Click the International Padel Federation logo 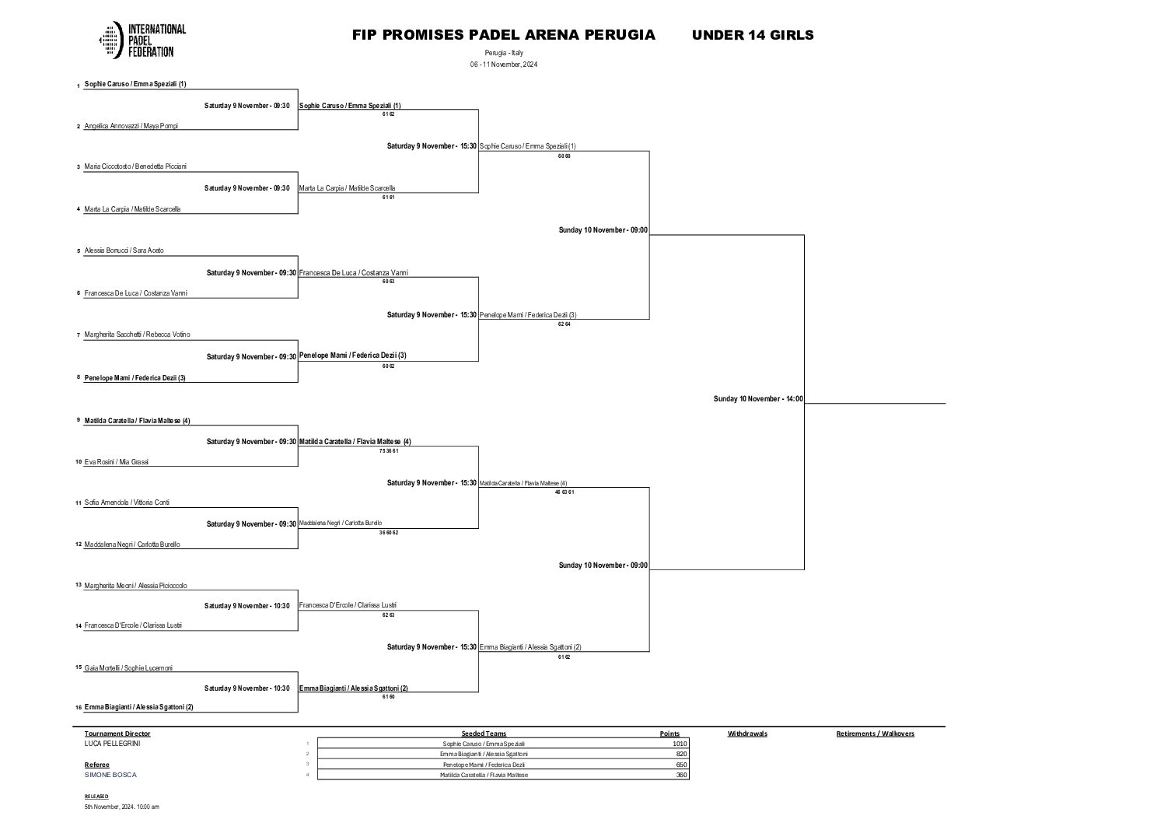coord(142,40)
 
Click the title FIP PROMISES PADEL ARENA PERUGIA coord(503,35)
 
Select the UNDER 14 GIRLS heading coord(752,35)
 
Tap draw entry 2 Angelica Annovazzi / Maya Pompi coord(131,126)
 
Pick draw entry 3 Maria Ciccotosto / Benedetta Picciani coord(135,166)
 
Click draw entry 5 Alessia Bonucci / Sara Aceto coord(124,251)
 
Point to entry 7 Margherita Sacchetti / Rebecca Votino coord(137,334)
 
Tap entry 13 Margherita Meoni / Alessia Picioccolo coord(135,586)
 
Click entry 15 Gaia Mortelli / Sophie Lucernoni coord(128,668)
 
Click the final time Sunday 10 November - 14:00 coord(758,399)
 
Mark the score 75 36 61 coord(389,451)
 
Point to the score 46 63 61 coord(565,492)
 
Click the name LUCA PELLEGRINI coord(113,744)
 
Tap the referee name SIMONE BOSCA coord(110,775)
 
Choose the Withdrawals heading coord(747,734)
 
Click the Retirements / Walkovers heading coord(875,734)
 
